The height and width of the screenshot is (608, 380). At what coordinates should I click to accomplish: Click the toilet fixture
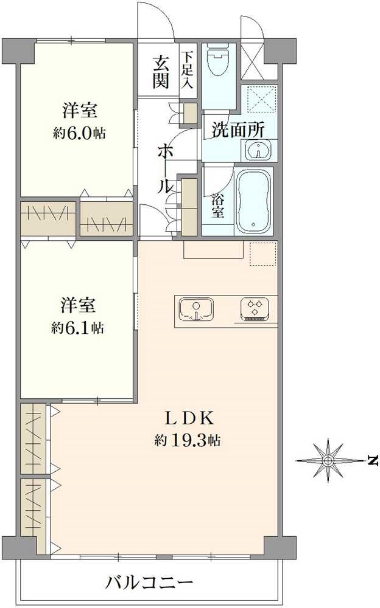coord(217,61)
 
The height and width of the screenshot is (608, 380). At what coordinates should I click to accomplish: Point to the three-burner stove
coord(255,309)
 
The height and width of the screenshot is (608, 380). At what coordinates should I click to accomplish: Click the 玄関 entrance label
coord(160,71)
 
